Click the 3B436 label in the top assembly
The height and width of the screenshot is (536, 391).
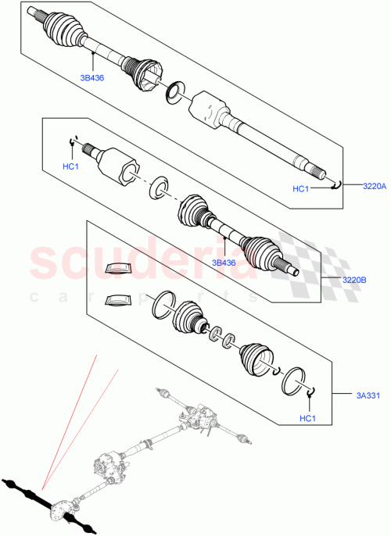pos(92,77)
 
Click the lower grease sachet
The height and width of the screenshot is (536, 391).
pos(118,298)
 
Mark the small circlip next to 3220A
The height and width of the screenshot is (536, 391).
pos(335,183)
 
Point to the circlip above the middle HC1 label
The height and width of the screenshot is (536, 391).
pos(73,141)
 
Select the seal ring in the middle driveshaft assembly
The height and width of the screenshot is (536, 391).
pos(161,187)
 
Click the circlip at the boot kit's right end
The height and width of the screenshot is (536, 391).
pos(311,392)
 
